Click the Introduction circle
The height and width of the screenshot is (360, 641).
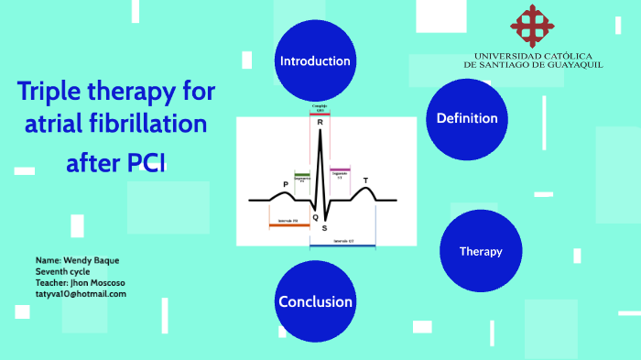coord(315,61)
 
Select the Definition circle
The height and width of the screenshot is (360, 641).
coord(467,118)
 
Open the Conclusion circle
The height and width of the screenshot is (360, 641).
coord(315,301)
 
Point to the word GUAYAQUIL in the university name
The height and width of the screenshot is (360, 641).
coord(572,65)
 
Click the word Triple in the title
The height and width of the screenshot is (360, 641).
coord(51,91)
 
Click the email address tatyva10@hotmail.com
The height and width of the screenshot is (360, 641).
coord(81,294)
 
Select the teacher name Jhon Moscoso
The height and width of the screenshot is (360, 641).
coord(100,283)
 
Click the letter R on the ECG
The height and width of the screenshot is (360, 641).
coord(320,123)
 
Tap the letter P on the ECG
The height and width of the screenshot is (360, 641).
coord(285,185)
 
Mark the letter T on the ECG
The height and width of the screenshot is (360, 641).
coord(365,180)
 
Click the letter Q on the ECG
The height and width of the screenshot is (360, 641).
coord(315,217)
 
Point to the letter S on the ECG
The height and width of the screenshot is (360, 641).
coord(324,227)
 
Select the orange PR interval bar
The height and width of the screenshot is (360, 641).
coord(288,224)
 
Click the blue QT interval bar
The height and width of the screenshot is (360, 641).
coord(342,245)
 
